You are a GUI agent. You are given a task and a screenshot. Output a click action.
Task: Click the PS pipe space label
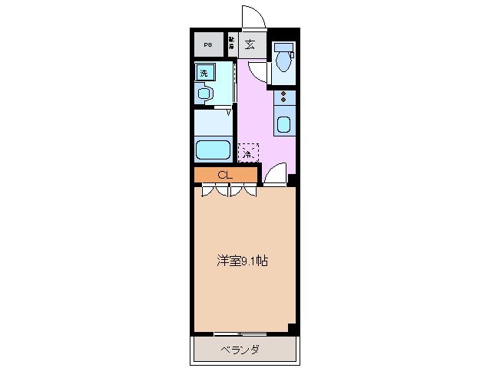coord(207,44)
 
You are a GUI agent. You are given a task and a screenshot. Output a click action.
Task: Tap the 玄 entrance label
coord(250,44)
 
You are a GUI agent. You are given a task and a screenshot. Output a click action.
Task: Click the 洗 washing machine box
coord(204,74)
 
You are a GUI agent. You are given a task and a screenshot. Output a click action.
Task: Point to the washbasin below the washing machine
coord(204,94)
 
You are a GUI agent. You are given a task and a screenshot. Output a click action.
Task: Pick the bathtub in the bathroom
coord(213,149)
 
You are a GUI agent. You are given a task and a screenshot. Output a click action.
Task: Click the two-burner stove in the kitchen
coord(284,97)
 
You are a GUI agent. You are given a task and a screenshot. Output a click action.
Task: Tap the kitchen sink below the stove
coord(283,124)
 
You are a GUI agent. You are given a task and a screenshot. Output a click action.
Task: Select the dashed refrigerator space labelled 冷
coord(247,153)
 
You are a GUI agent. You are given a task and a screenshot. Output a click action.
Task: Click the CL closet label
coord(224,175)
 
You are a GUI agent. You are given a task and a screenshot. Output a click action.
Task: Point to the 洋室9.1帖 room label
coord(241,261)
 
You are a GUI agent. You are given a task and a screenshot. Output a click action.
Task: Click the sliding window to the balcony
coord(240,333)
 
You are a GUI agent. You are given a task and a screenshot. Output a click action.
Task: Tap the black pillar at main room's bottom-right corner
coord(292,329)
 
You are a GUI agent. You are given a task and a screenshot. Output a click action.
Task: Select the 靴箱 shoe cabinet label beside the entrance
coord(231,44)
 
